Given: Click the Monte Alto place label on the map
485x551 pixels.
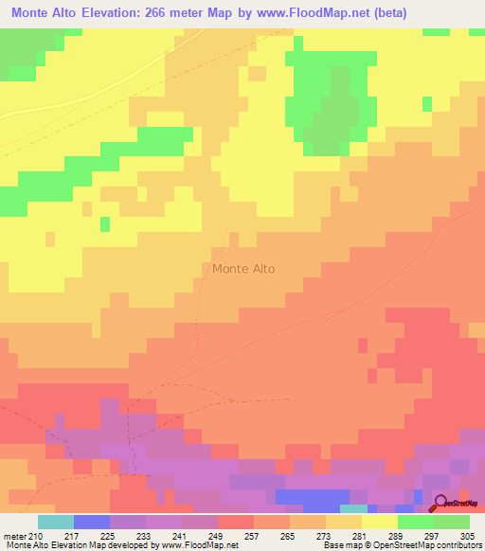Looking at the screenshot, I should pos(243,269).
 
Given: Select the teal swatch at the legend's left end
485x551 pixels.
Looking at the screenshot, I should pos(56,522).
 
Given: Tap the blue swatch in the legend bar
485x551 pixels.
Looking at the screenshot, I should pos(92,522).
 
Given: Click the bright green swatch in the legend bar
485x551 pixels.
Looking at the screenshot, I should pos(416,522).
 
